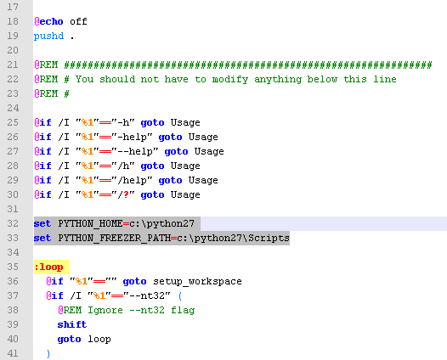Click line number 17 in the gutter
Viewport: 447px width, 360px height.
[x=13, y=7]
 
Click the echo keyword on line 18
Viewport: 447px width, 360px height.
[x=51, y=21]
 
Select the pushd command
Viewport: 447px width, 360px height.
[x=48, y=37]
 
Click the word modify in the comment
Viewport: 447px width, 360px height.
[x=230, y=80]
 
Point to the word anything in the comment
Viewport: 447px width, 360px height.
[x=278, y=80]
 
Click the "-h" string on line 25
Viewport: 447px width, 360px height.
[x=123, y=122]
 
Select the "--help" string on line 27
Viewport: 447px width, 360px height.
[x=134, y=151]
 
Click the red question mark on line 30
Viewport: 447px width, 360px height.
[x=127, y=194]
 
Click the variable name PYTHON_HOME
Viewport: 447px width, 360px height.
[x=90, y=223]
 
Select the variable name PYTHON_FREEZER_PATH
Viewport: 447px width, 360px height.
[x=115, y=238]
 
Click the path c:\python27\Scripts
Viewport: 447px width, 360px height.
[x=233, y=238]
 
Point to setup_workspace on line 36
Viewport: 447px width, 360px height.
[x=197, y=281]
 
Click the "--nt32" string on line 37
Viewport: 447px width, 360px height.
[x=146, y=295]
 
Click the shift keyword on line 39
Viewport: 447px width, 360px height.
[x=72, y=324]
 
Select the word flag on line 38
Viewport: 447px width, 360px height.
[x=183, y=311]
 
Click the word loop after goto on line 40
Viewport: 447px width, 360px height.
[x=99, y=340]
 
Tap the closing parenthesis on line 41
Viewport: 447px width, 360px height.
[x=48, y=353]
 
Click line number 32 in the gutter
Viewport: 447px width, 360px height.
[x=13, y=223]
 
